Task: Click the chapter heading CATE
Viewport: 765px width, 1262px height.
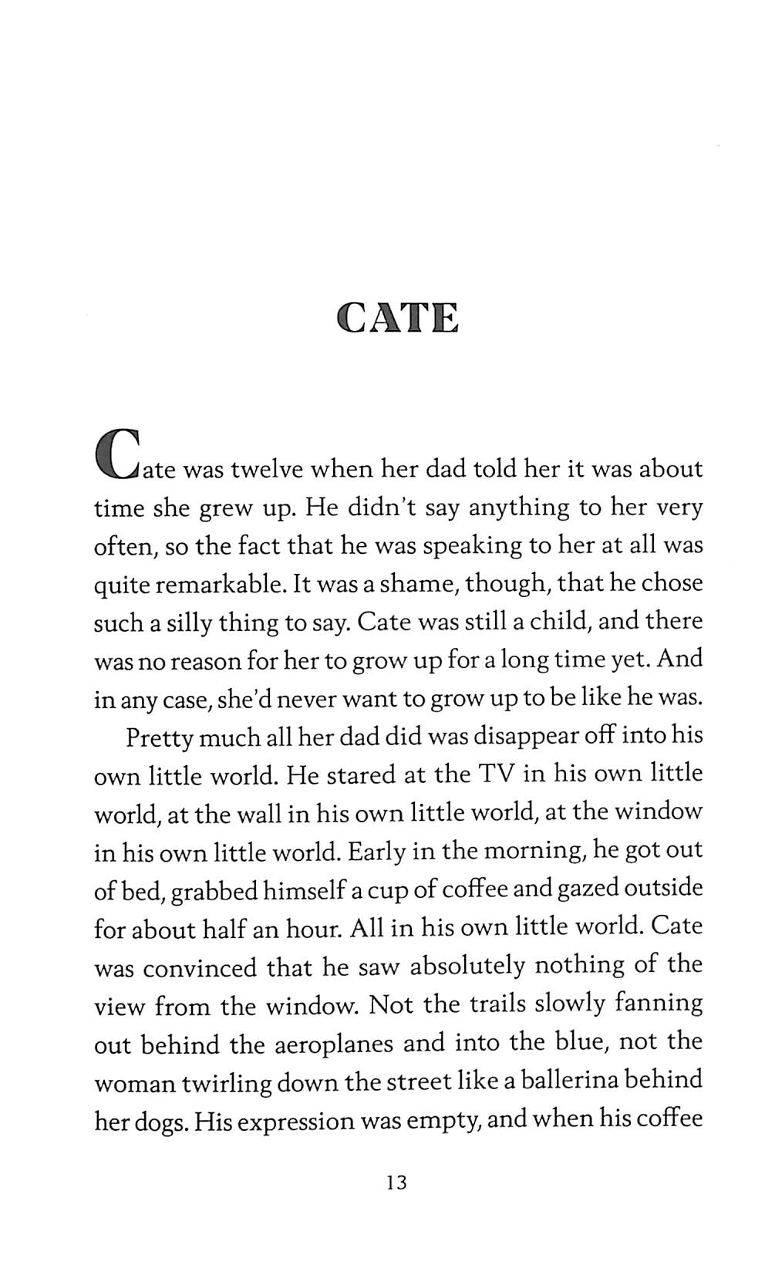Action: (398, 318)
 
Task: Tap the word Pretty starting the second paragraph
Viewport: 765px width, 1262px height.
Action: (160, 737)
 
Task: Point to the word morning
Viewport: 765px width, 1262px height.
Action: (530, 850)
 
